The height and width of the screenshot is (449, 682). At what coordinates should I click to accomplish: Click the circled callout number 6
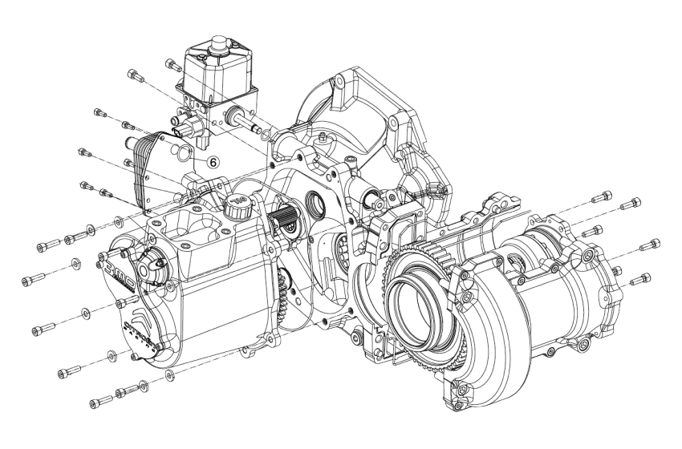[x=213, y=161]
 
